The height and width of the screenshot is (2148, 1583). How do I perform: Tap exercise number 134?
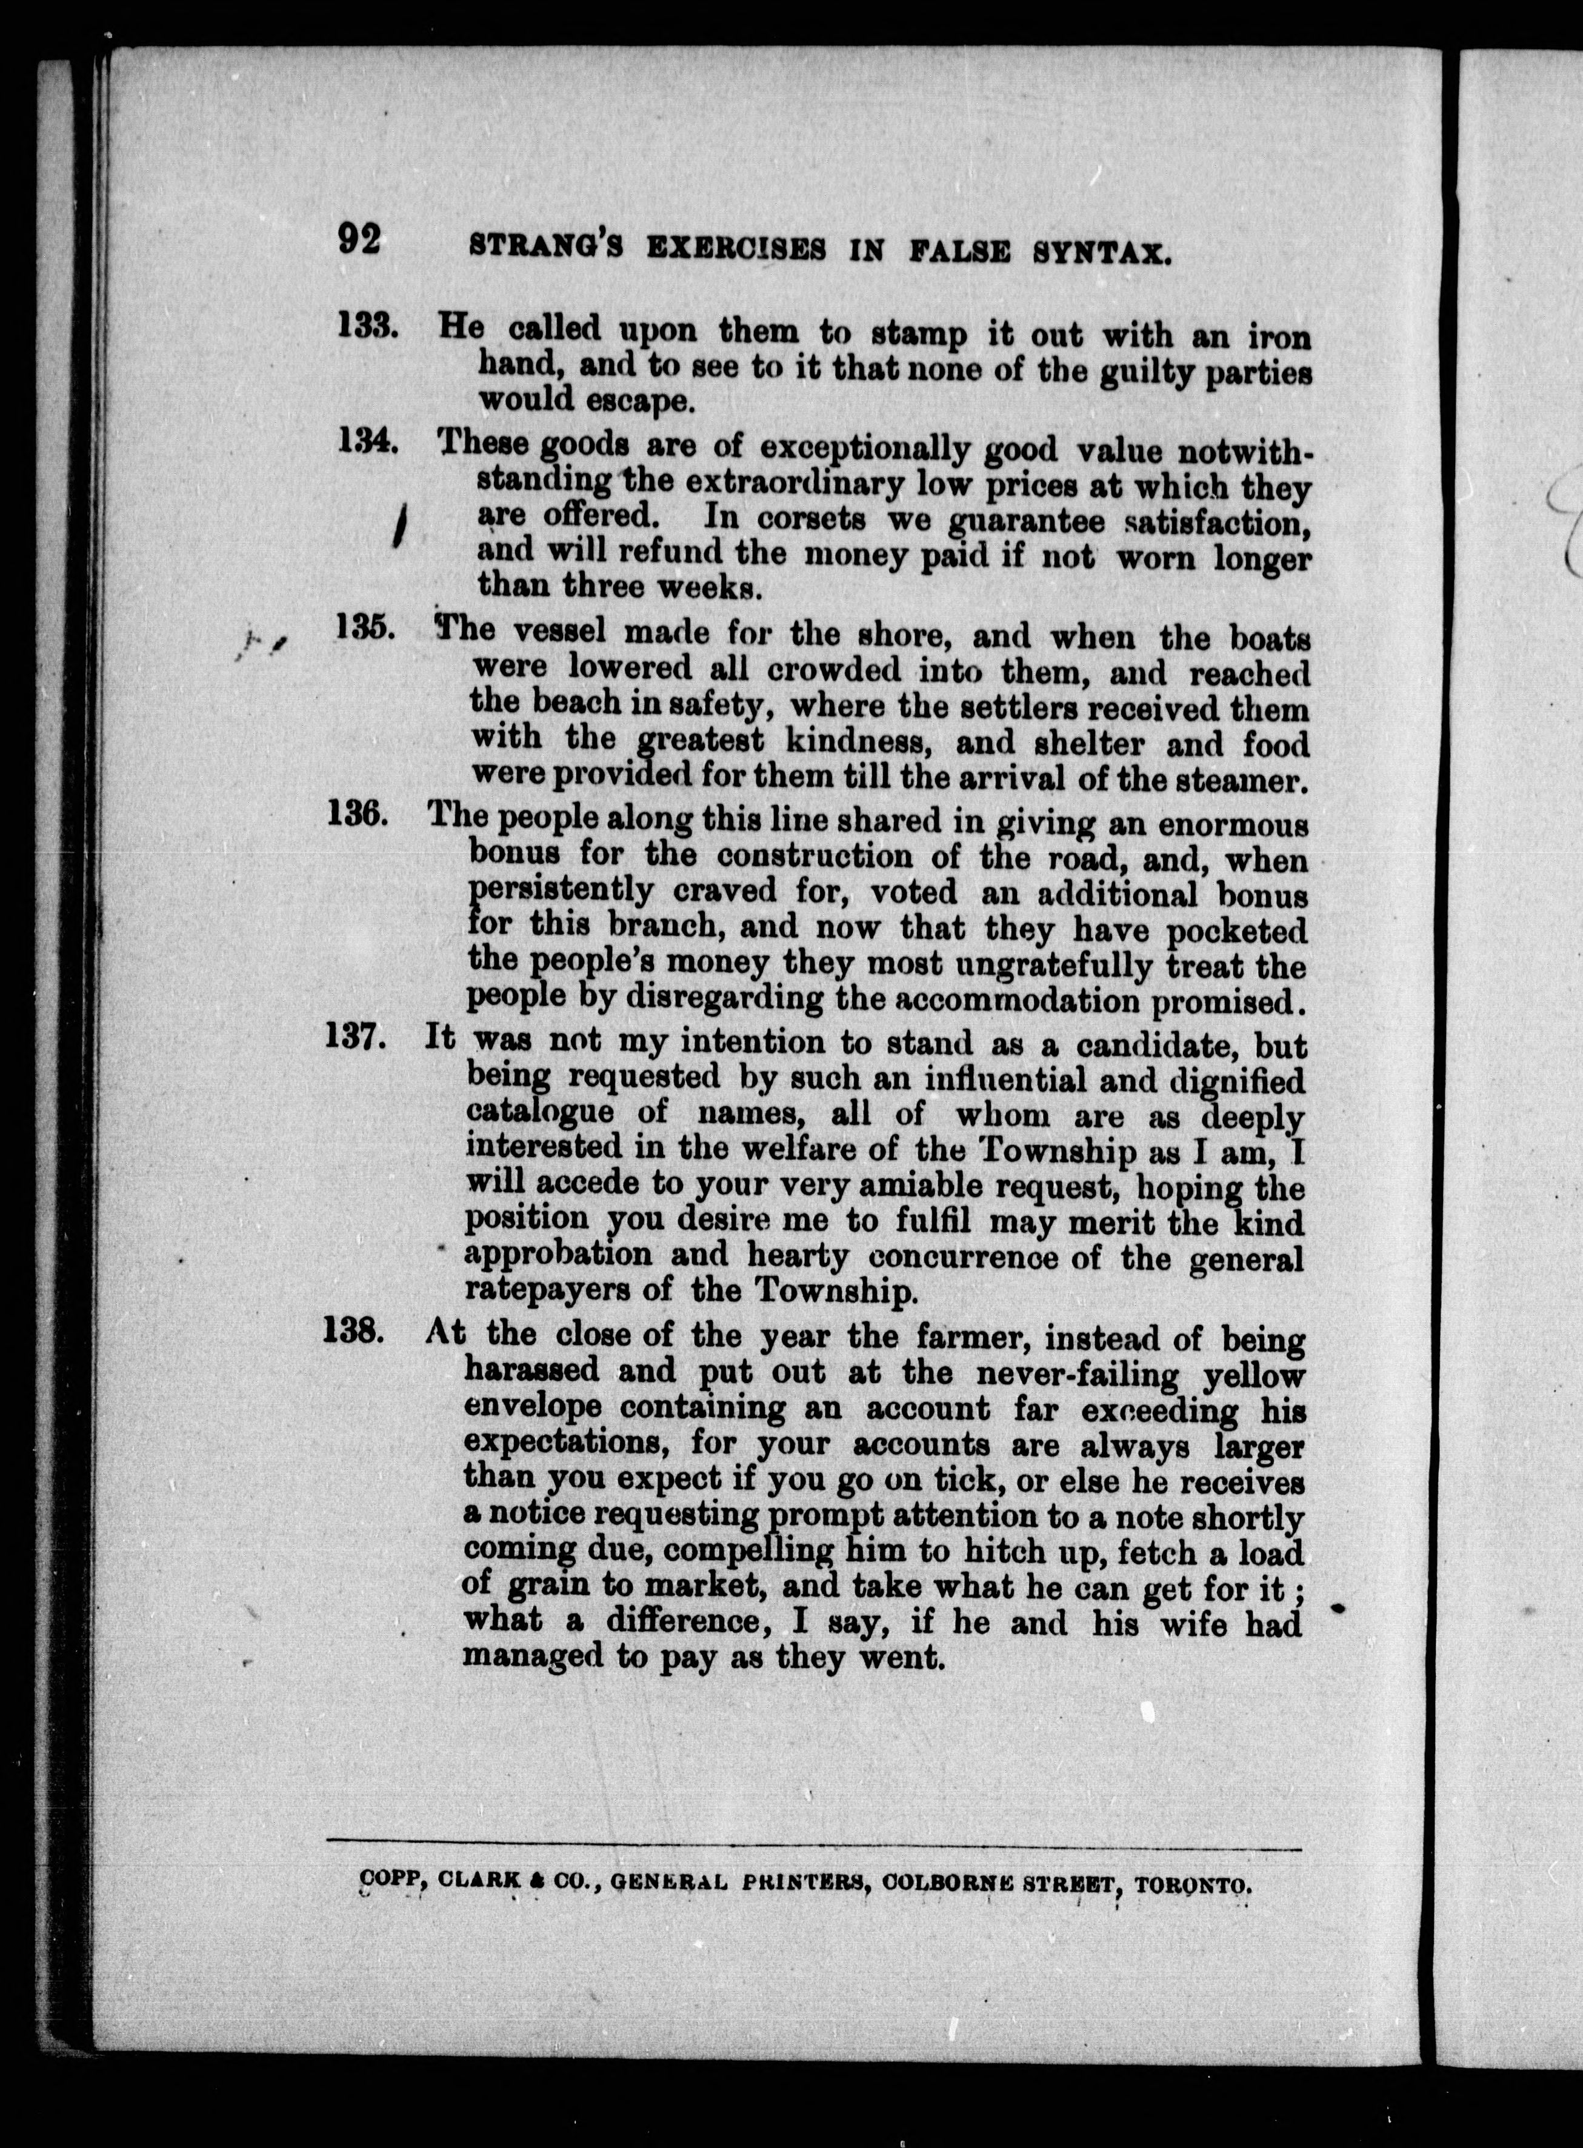(x=367, y=442)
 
